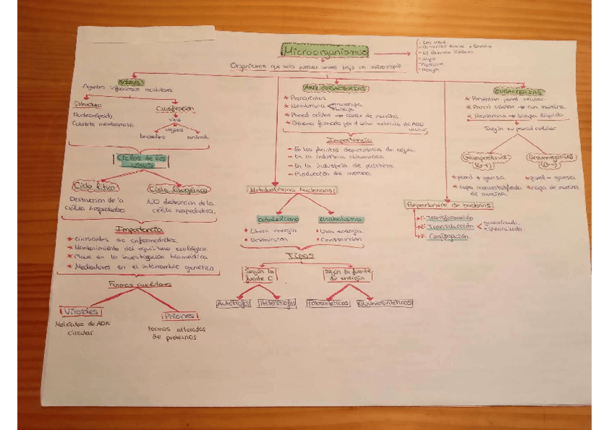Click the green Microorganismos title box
tap(325, 52)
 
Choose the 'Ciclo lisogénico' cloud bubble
tap(178, 190)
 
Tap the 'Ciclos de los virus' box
tap(141, 160)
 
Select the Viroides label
tap(80, 312)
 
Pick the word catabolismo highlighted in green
tap(276, 219)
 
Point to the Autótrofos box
tap(234, 304)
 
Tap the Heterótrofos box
tap(276, 304)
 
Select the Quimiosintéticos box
tap(385, 304)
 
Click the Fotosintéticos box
tap(329, 304)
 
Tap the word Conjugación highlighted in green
tap(447, 236)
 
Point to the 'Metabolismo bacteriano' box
tap(292, 190)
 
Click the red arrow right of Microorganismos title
tap(391, 53)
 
